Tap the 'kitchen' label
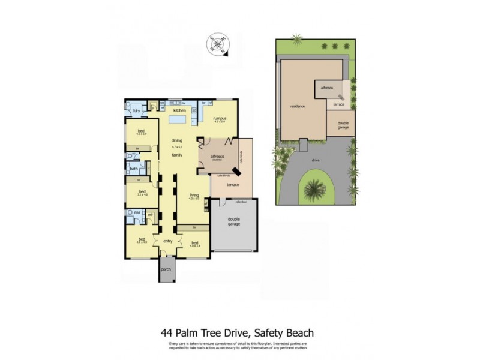pos(179,110)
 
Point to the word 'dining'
pos(176,141)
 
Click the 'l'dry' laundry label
pos(136,112)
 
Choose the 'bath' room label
pos(134,169)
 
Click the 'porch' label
pos(166,269)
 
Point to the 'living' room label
pos(194,195)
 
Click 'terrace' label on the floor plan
pos(232,184)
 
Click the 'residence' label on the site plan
pos(298,106)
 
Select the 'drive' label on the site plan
pos(315,160)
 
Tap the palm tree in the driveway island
pos(314,189)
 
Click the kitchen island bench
pos(177,120)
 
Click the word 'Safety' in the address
pos(271,332)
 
